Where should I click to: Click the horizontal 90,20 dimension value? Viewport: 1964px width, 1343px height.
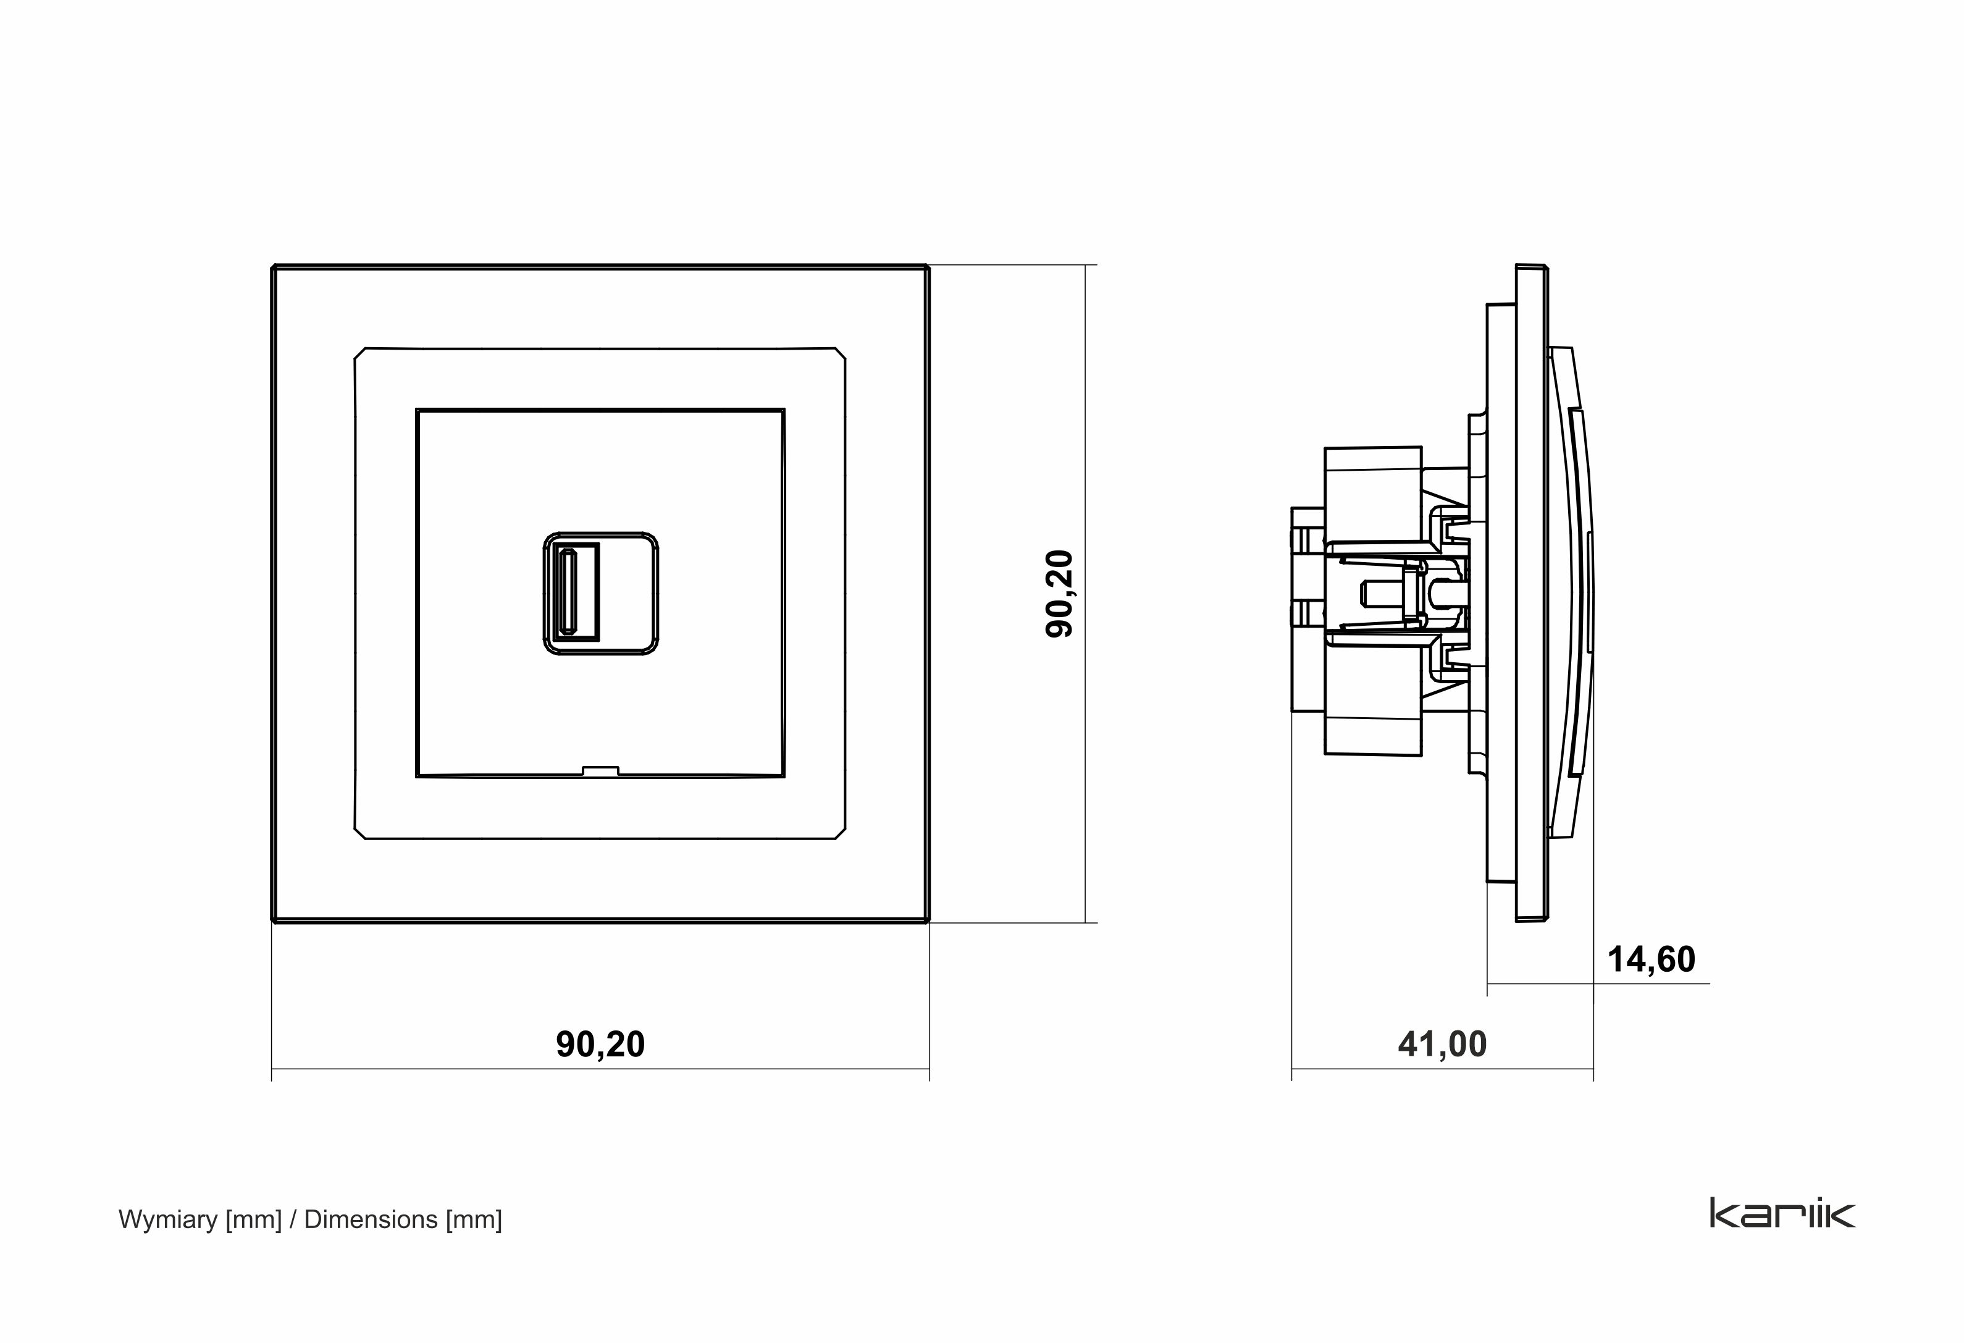pos(600,1045)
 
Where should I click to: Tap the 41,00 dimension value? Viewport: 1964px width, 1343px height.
pos(1442,1045)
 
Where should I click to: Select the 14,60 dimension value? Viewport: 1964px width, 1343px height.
pos(1650,959)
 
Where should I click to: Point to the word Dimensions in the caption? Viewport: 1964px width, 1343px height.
pos(370,1219)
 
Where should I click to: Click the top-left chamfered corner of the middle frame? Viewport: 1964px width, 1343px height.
pos(360,353)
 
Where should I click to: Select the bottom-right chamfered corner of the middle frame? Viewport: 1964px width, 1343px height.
pos(840,833)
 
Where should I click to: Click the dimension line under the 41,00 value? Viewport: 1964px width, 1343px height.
pos(1442,1069)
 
